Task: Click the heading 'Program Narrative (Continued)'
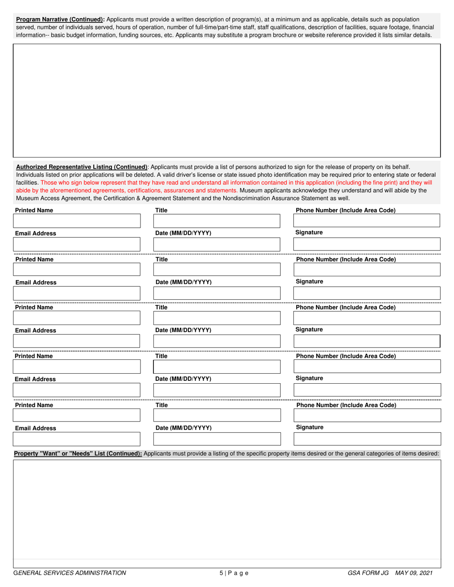(60, 20)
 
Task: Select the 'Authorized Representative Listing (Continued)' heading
(82, 167)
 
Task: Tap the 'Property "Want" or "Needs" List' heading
(78, 453)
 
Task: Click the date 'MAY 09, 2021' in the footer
(413, 573)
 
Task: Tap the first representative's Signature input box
(367, 244)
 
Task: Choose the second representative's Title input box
(216, 270)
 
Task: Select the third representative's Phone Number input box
(367, 318)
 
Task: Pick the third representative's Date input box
(216, 341)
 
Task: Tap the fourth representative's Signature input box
(367, 390)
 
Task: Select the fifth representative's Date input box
(216, 439)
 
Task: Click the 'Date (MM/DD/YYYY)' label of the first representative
(184, 233)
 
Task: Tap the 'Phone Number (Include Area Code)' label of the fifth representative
(346, 405)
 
